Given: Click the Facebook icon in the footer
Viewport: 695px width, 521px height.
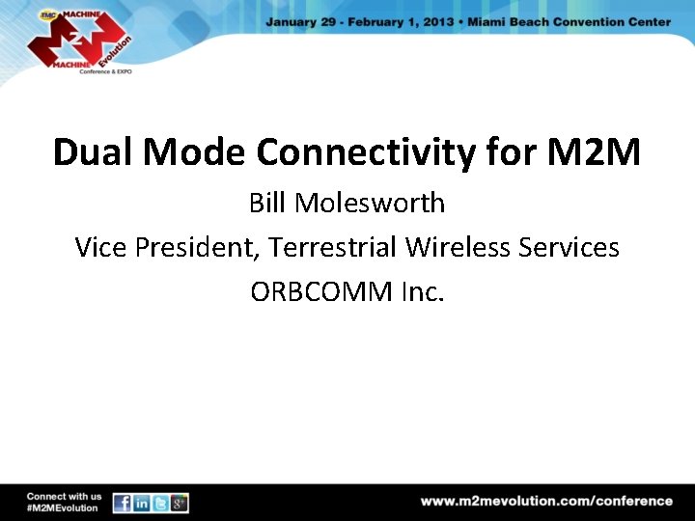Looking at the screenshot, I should tap(123, 504).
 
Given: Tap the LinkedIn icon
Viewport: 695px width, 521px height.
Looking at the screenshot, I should tap(141, 504).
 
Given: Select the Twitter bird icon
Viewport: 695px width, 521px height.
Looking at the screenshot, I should tap(160, 504).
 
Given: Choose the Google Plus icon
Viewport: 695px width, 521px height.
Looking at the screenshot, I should tap(179, 504).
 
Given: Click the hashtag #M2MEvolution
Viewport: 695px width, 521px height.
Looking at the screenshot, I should tap(63, 508).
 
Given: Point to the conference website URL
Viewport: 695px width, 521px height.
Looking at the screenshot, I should tap(546, 501).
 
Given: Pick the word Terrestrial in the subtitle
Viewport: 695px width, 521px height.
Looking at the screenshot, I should tap(333, 248).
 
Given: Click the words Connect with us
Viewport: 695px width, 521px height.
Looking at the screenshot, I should tap(64, 496).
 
